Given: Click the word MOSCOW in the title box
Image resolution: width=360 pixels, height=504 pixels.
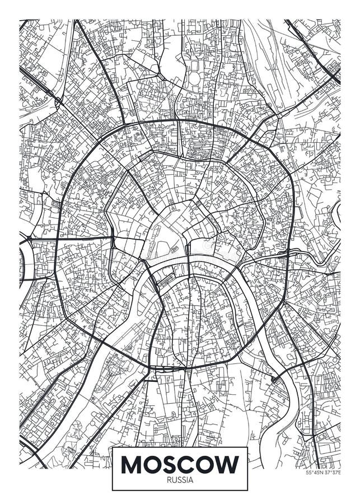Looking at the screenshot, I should (180, 464).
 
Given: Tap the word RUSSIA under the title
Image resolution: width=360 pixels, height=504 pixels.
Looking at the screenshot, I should (180, 479).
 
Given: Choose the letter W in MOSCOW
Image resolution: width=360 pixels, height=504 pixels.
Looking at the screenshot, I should (229, 464).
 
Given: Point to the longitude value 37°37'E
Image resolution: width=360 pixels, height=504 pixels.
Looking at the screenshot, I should (332, 472).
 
